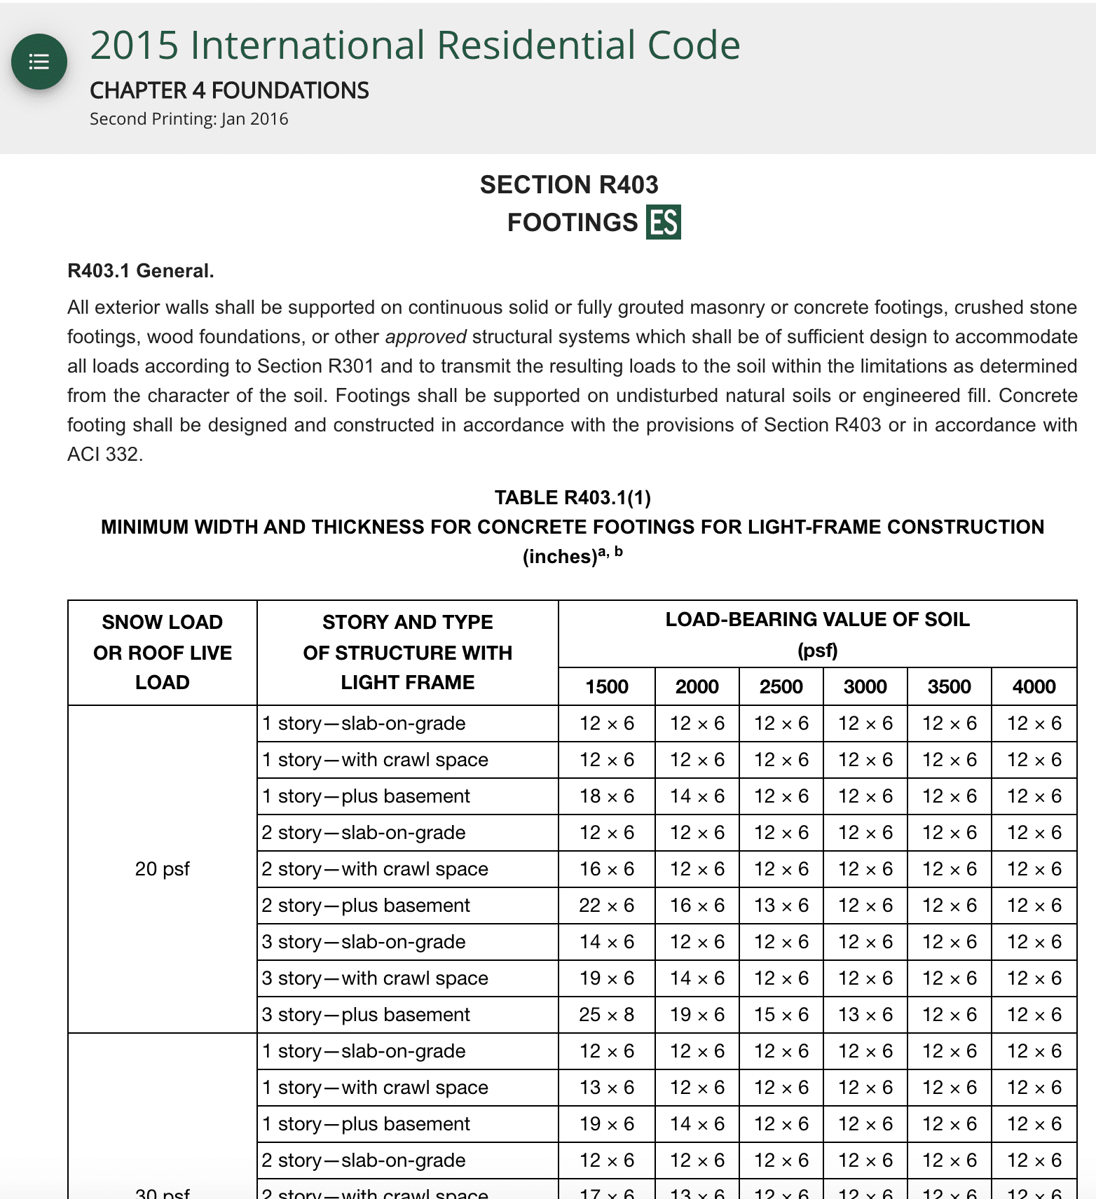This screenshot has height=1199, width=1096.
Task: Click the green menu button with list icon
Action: click(39, 62)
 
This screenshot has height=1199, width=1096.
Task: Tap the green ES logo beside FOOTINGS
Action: click(663, 223)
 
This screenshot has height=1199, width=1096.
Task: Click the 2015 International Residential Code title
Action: click(415, 46)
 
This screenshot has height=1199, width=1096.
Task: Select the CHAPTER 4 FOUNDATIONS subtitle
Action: click(229, 90)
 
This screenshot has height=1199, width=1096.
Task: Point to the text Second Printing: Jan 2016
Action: click(189, 119)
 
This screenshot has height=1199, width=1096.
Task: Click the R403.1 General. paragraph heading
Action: click(140, 271)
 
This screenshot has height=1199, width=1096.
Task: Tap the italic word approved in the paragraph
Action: click(425, 337)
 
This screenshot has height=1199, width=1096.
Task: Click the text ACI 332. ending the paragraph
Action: click(105, 455)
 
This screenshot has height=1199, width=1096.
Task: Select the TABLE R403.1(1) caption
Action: click(573, 498)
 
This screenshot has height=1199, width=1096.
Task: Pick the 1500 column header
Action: click(607, 686)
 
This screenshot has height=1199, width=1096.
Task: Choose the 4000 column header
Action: click(1034, 686)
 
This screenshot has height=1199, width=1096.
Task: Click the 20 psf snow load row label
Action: click(162, 869)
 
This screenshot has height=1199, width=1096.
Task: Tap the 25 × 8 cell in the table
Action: click(606, 1015)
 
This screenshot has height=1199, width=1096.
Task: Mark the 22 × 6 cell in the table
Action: click(606, 906)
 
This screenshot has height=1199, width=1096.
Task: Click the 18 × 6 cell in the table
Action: click(606, 796)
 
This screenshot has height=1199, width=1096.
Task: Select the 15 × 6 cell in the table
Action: click(781, 1015)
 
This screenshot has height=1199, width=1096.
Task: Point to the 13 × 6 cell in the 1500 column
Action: click(606, 1088)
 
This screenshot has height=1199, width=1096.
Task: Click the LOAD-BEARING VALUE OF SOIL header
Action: click(817, 620)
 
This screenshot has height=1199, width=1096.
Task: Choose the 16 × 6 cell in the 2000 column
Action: click(697, 906)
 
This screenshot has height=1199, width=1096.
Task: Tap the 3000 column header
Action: click(865, 686)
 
